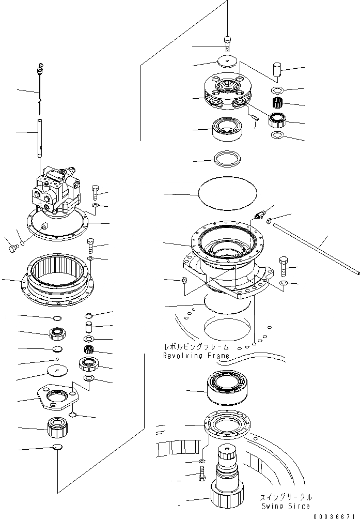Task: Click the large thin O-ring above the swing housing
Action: coord(228,195)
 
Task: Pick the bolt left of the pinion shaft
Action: coord(201,473)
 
